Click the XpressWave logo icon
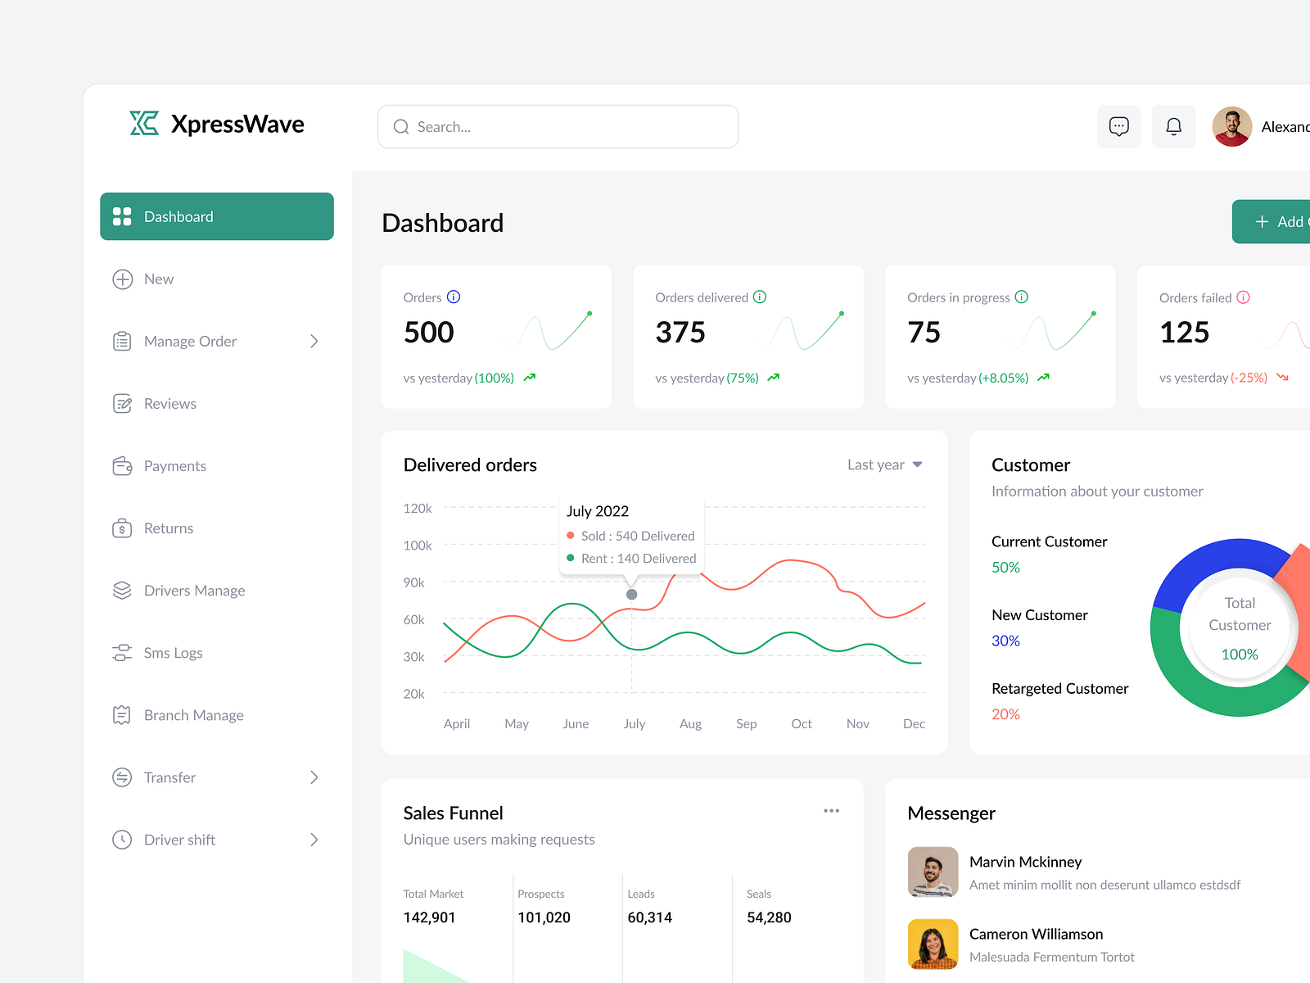(144, 124)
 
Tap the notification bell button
(1173, 127)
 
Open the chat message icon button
(1118, 127)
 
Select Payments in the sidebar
(174, 466)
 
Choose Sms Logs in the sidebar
(173, 653)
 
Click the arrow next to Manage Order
(314, 342)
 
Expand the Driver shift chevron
(314, 840)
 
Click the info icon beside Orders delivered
(760, 297)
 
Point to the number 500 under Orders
(428, 333)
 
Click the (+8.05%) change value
(1003, 378)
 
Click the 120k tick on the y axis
(418, 509)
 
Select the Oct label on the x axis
(802, 724)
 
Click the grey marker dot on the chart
(631, 595)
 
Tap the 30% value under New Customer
(1005, 641)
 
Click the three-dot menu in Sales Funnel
(831, 811)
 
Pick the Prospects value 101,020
(544, 917)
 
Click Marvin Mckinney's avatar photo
(933, 872)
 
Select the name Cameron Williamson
(1036, 935)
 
